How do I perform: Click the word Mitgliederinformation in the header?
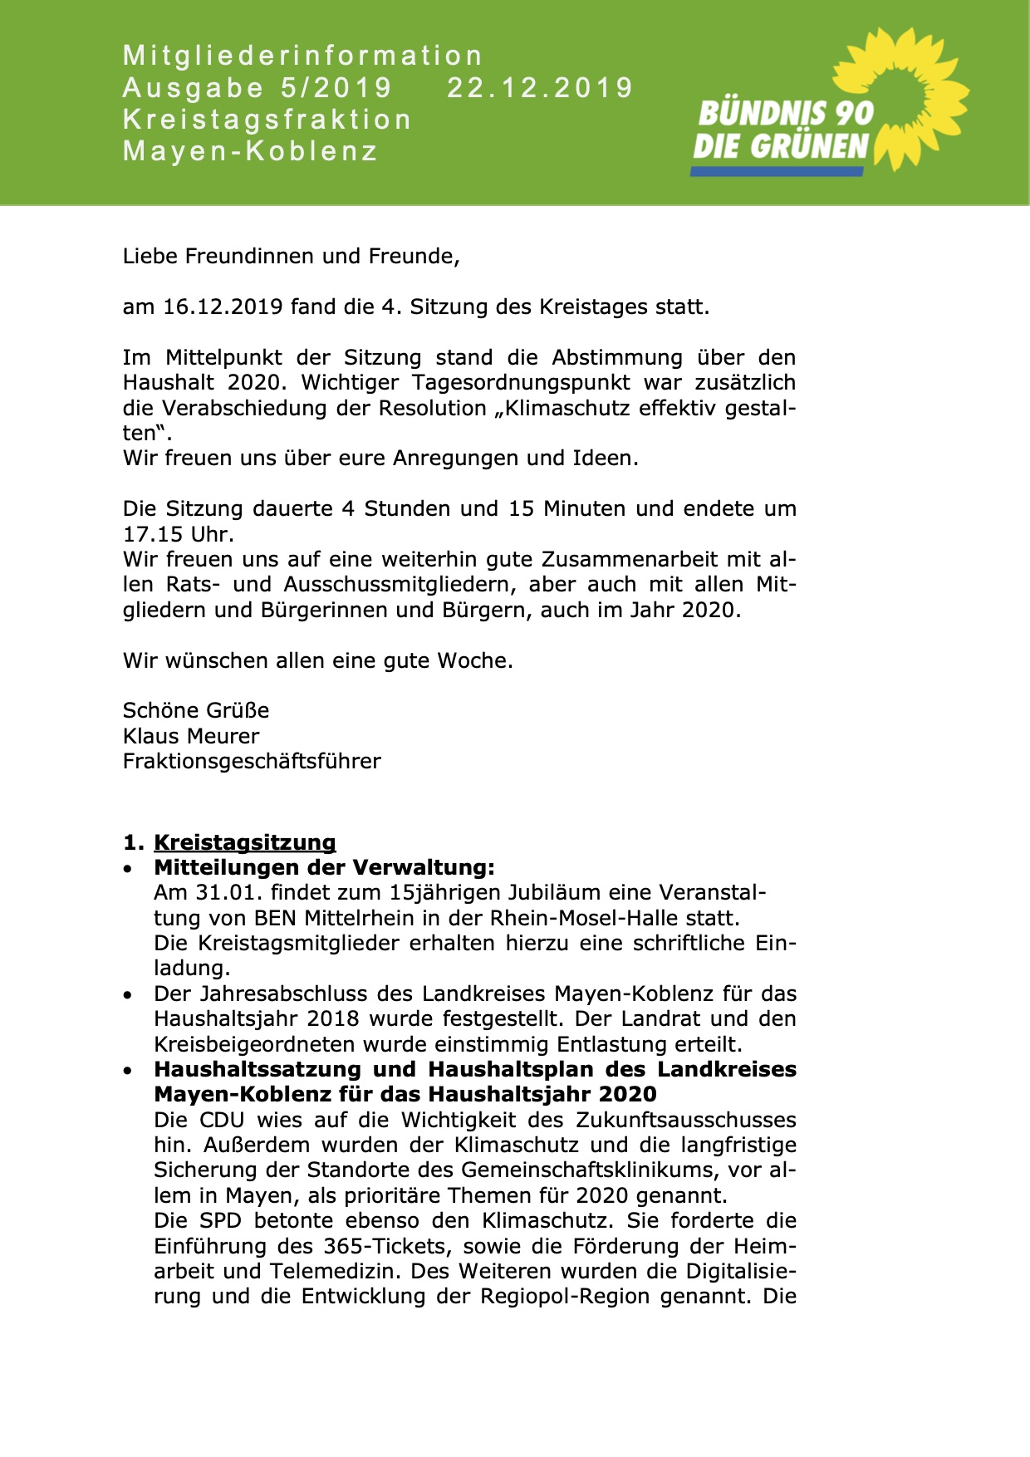point(302,56)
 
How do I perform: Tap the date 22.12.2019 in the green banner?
point(540,88)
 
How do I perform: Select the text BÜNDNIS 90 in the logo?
point(785,113)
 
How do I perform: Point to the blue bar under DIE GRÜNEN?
point(777,171)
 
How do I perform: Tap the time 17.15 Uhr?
point(178,534)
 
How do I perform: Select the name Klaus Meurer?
point(191,737)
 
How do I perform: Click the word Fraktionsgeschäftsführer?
point(252,762)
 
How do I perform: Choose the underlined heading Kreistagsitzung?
point(245,842)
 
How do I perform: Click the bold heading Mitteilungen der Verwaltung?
point(324,868)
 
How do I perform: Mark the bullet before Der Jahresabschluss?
point(127,995)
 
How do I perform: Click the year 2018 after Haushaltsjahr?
point(333,1019)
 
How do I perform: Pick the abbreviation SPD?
point(221,1221)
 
